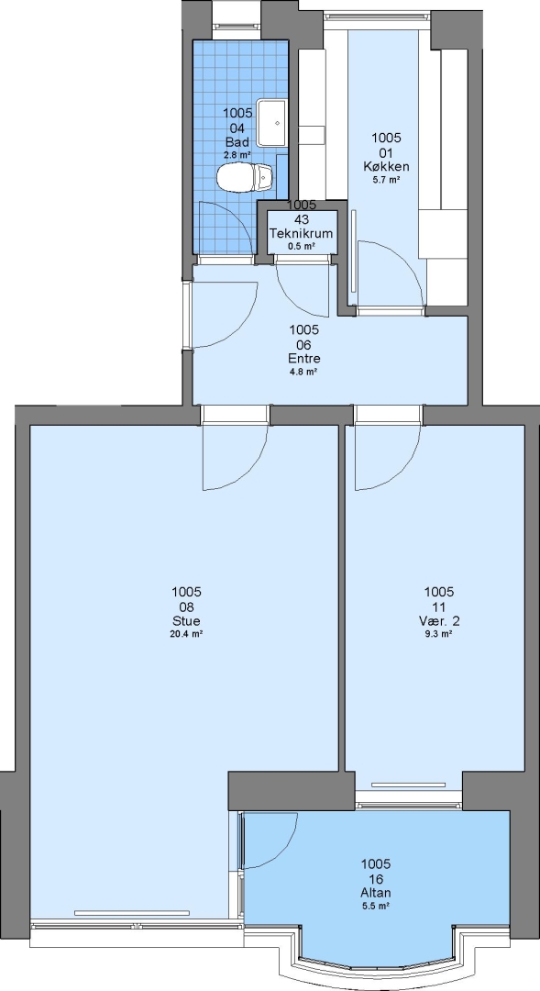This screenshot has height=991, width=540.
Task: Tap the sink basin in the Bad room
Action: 271,123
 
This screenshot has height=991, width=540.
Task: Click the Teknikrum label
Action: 302,233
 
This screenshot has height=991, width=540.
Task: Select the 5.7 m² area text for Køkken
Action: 386,180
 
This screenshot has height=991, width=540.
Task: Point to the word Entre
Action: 303,359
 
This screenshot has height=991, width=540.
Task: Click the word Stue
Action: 186,620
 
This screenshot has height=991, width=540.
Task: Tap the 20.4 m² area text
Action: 186,635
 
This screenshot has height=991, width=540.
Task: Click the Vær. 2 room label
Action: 438,620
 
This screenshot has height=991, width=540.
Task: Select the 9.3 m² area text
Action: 438,635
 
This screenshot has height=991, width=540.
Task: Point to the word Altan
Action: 375,893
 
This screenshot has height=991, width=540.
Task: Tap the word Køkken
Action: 386,166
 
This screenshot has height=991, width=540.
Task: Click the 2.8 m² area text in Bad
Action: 237,154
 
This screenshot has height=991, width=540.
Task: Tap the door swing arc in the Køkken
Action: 406,259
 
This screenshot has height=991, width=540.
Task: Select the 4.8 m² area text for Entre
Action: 303,372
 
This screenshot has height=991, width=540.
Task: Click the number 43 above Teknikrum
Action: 302,219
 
